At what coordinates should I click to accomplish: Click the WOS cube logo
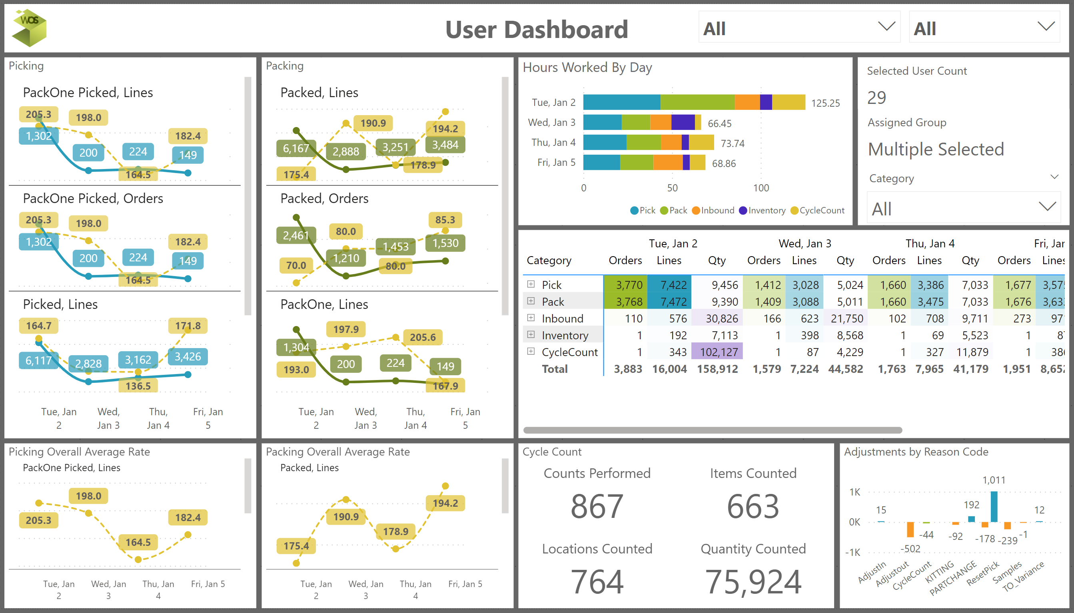pos(30,28)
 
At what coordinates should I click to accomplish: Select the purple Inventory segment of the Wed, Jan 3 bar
pos(683,123)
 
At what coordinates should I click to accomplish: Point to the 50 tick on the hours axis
pos(672,188)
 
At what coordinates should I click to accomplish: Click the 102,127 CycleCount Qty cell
pos(719,352)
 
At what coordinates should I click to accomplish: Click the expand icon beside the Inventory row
pos(531,335)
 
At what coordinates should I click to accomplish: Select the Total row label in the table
pos(554,369)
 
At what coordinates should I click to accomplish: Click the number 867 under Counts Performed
pos(597,506)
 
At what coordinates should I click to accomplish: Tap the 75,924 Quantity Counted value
pos(753,582)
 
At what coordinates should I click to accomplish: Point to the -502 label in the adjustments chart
pos(910,549)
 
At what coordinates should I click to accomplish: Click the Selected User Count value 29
pos(876,98)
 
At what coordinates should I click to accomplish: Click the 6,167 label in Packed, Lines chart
pos(295,148)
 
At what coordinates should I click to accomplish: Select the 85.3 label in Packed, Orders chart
pos(445,220)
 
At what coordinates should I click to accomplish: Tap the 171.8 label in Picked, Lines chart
pos(188,326)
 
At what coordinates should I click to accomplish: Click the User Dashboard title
pos(536,30)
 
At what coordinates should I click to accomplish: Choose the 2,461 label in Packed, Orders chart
pos(295,235)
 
